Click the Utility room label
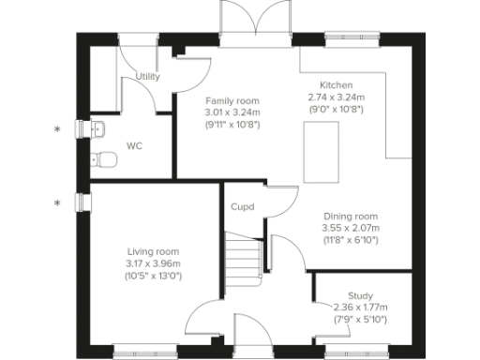point(147,77)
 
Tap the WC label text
point(134,146)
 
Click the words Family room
point(232,100)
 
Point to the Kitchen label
point(335,85)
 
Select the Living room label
point(153,251)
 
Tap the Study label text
point(360,295)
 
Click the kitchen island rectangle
point(322,153)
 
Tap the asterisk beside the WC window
point(58,129)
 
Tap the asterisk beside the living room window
point(58,202)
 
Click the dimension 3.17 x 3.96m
point(153,263)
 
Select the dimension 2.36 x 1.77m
point(360,307)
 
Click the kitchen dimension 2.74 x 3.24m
point(335,97)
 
